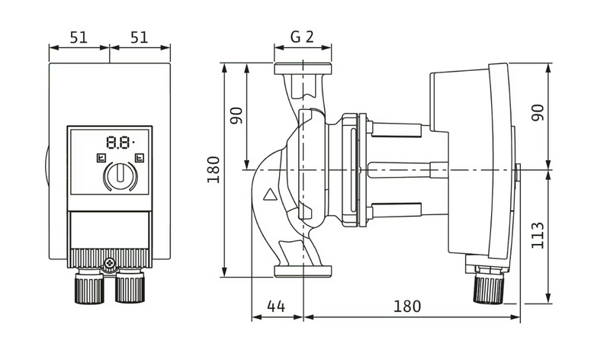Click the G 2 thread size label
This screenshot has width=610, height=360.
pyautogui.click(x=303, y=37)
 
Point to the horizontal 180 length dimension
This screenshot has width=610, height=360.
pyautogui.click(x=407, y=307)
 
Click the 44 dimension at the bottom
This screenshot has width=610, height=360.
pyautogui.click(x=276, y=307)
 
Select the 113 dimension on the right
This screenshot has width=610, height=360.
pyautogui.click(x=538, y=236)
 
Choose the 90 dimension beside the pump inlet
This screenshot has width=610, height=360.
pyautogui.click(x=236, y=116)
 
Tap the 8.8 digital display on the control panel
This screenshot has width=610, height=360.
pyautogui.click(x=118, y=141)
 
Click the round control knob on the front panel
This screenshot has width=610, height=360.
pyautogui.click(x=118, y=177)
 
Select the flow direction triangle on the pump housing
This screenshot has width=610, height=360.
pyautogui.click(x=270, y=194)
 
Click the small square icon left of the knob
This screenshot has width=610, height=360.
pyautogui.click(x=99, y=159)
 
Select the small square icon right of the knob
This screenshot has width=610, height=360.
pyautogui.click(x=138, y=159)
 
